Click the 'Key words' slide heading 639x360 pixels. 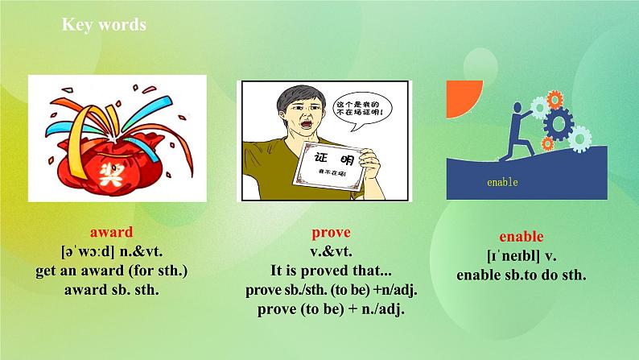tap(105, 25)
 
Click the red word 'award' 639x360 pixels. tap(112, 232)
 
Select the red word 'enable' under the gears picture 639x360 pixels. tap(521, 237)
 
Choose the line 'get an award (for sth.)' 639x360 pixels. tap(112, 271)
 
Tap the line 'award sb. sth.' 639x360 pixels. tap(112, 289)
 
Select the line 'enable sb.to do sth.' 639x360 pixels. tap(522, 275)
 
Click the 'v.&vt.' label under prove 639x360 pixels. tap(327, 251)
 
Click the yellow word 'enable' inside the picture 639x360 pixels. tap(502, 182)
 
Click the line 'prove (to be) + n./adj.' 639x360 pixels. tap(327, 308)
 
